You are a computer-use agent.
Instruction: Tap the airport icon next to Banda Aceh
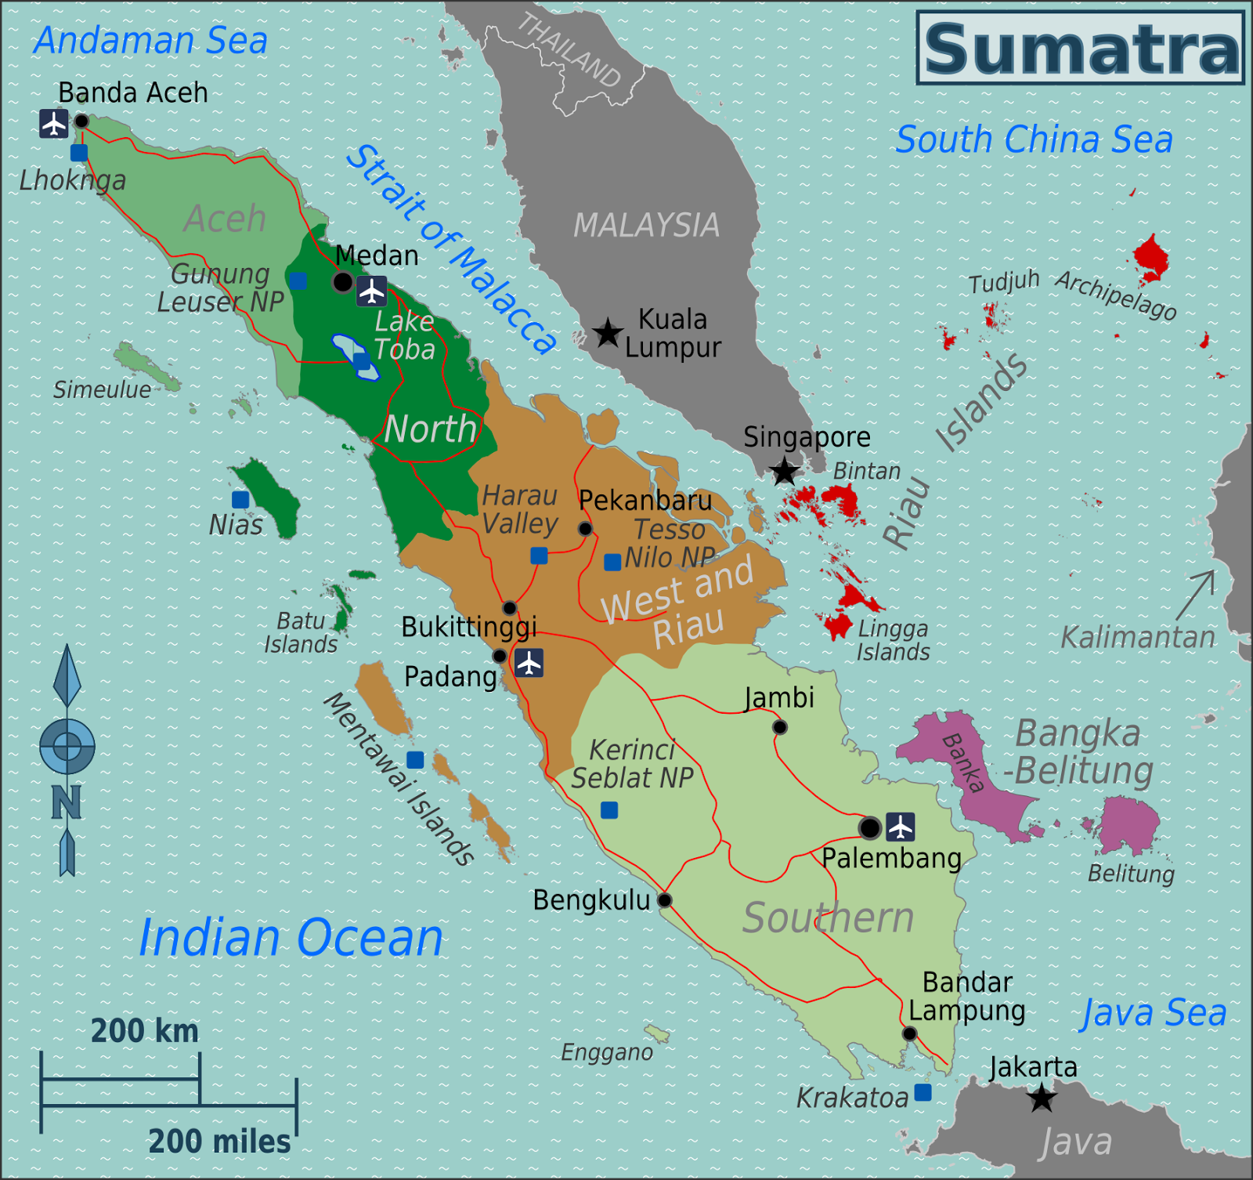click(54, 124)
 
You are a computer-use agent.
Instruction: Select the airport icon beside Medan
click(371, 291)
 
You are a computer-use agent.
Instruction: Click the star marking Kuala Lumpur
click(607, 333)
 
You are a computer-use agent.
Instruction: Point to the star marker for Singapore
click(784, 472)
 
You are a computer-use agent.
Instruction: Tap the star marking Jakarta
click(1042, 1098)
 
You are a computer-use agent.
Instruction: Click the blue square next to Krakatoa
click(923, 1092)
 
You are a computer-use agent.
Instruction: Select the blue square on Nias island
click(240, 499)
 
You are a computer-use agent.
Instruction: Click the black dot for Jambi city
click(779, 727)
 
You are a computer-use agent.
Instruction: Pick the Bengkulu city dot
click(664, 899)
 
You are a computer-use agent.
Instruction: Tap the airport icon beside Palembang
click(901, 827)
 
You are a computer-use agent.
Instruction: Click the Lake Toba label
click(404, 335)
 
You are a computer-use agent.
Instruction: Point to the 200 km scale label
click(144, 1031)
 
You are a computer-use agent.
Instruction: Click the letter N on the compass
click(67, 802)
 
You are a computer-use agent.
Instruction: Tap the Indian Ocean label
click(291, 938)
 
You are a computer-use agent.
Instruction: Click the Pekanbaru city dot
click(585, 529)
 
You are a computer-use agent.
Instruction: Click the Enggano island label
click(607, 1052)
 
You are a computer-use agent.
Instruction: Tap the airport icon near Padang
click(529, 663)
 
